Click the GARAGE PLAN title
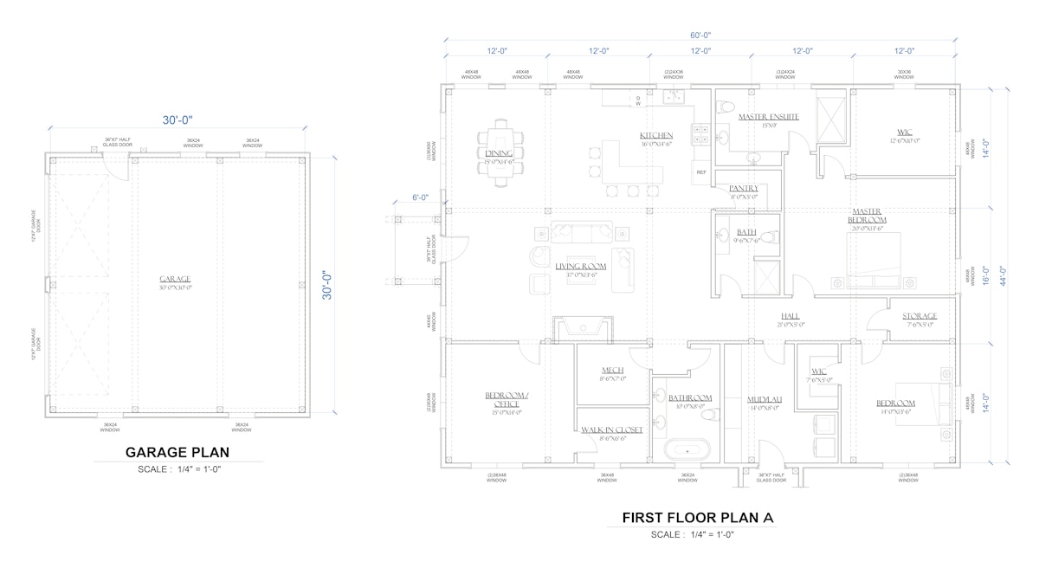(177, 452)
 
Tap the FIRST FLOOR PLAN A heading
(698, 518)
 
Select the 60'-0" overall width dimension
(700, 36)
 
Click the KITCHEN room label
(655, 136)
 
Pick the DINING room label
(499, 153)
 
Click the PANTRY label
(743, 188)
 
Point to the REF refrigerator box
(700, 172)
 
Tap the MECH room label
(612, 370)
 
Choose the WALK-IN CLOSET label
(611, 430)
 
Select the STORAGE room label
(919, 316)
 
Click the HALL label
(790, 316)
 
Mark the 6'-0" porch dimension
(421, 197)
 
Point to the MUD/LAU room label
(765, 399)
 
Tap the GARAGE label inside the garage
(175, 279)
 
